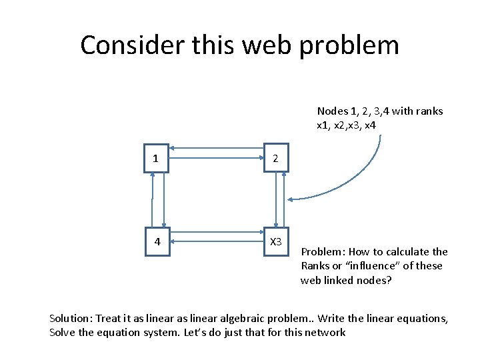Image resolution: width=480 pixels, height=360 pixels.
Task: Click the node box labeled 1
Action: tap(156, 158)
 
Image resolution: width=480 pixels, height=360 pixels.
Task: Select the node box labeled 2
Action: tap(276, 158)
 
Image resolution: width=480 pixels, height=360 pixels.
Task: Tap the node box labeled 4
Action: tap(157, 241)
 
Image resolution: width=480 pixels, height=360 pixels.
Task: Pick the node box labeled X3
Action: tap(276, 241)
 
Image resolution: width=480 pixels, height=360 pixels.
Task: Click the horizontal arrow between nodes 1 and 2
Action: tap(216, 158)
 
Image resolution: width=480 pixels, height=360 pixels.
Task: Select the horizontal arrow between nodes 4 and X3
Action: tap(216, 240)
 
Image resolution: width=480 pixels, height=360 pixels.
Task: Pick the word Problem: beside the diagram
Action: tap(323, 252)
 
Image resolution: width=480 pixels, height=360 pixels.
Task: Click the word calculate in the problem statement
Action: tap(404, 252)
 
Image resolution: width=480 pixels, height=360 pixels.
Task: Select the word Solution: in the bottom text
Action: tap(71, 319)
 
